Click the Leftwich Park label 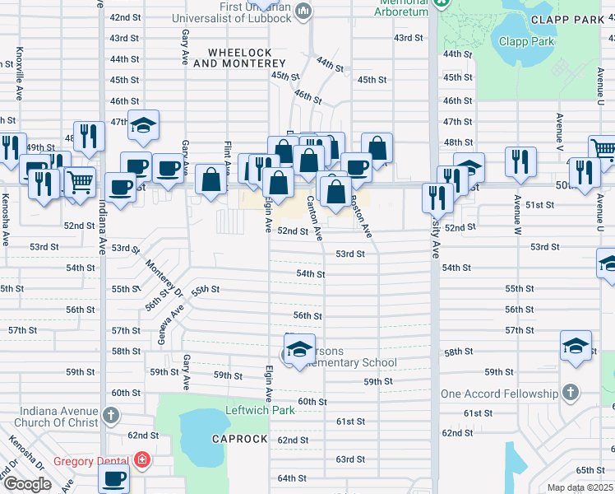point(260,410)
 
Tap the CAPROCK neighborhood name point(239,439)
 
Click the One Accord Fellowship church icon point(570,392)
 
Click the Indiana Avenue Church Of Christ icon point(111,414)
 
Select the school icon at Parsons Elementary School point(300,347)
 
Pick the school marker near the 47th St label point(143,126)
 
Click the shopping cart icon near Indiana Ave point(79,181)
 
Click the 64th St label point(292,478)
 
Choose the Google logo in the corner point(27,483)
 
